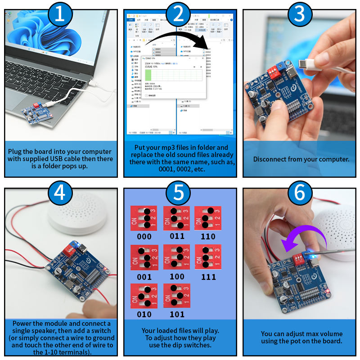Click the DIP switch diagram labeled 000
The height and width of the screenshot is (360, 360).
click(x=144, y=218)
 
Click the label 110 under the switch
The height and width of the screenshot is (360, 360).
click(x=208, y=236)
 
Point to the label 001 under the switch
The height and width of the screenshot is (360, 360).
click(x=144, y=277)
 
